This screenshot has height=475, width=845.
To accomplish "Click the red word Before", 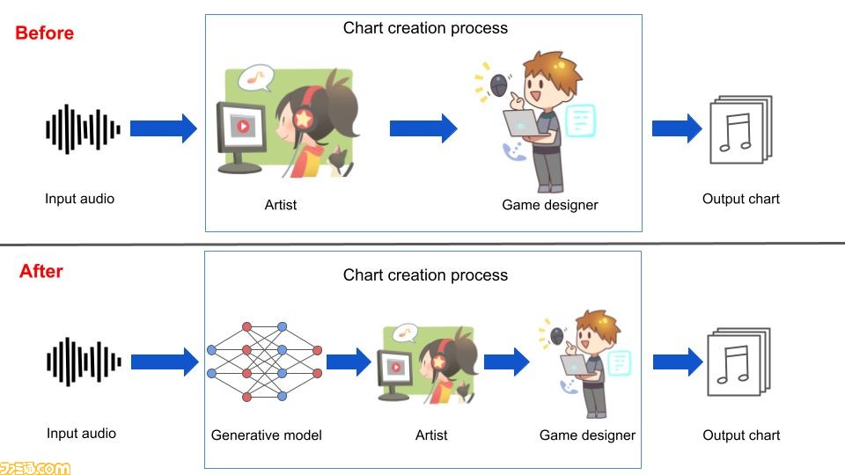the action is coord(44,33).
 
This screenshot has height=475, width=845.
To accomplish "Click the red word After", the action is coord(41,271).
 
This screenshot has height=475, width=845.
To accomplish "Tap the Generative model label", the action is coord(266,435).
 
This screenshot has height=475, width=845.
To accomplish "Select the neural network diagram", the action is coord(265,362).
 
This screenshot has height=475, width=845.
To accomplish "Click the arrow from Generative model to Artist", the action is coord(349,362).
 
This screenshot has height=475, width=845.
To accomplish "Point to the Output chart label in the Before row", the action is coord(741,199).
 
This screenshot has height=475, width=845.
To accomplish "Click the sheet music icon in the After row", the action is coord(738,362).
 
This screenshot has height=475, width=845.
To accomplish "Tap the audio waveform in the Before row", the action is coord(83,129).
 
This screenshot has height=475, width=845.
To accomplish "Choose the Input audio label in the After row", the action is coord(81,434).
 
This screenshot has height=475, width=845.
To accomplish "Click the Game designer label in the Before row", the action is coord(549,205).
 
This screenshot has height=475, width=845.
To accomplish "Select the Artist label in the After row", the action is coord(431,435).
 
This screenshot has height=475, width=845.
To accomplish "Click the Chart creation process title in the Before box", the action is coord(425,28).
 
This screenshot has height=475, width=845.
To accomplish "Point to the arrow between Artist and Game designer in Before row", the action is coord(423,128).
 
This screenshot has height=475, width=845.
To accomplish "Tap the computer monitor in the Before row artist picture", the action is coord(241,137).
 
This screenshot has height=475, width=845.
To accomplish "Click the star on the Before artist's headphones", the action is coord(304,118).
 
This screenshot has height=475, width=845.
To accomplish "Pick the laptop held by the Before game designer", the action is coord(522,124).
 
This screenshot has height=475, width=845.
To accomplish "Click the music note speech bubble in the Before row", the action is coord(256,78).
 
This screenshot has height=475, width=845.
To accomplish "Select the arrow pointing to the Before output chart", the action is coord(677,128).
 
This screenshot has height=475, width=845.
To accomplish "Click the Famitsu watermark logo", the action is coord(35,468).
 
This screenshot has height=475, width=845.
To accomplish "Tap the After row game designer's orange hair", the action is coord(599,323).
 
